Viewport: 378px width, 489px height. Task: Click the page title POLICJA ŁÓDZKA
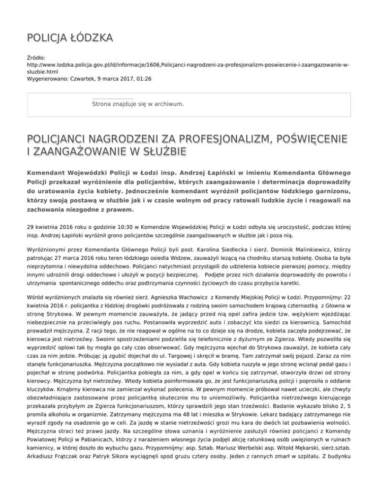click(x=69, y=37)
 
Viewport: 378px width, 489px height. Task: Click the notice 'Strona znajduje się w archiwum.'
click(x=138, y=104)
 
